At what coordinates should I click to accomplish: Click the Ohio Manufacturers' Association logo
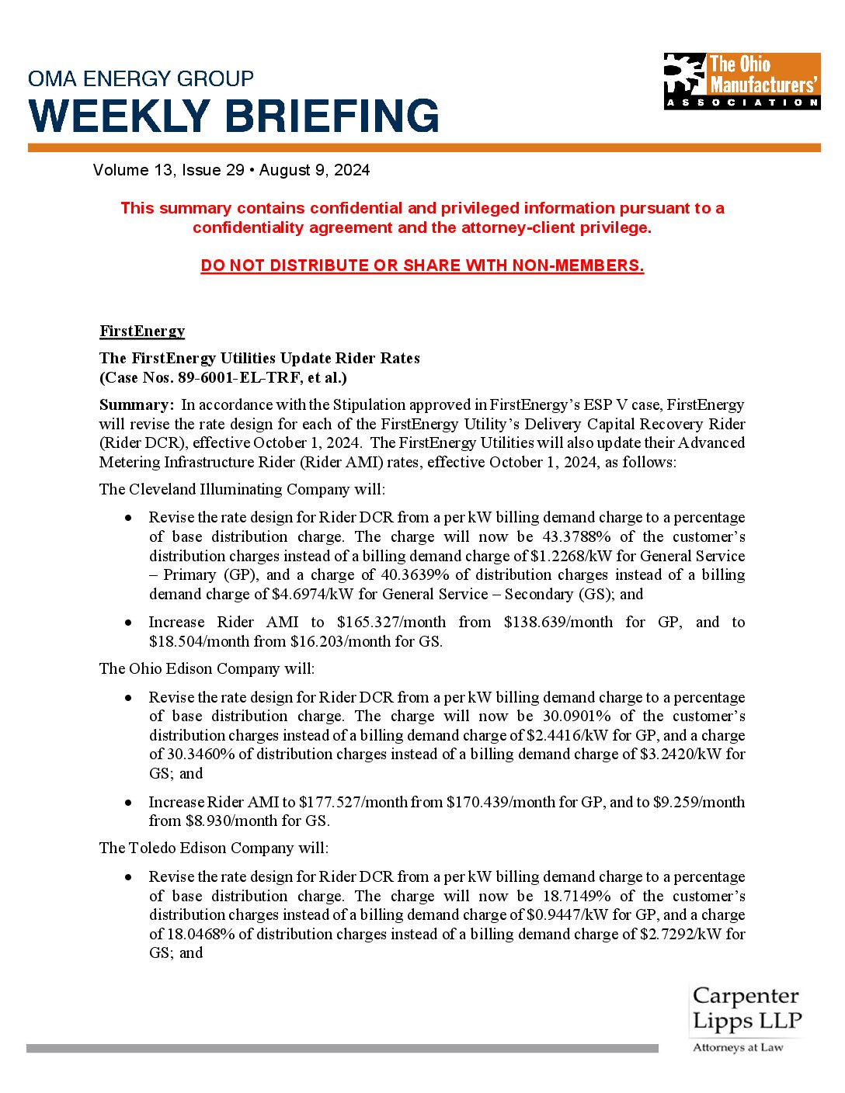(x=742, y=81)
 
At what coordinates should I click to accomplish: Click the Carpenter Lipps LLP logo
(x=746, y=1018)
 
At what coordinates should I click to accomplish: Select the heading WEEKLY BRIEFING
(x=234, y=116)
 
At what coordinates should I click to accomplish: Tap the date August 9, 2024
(x=315, y=170)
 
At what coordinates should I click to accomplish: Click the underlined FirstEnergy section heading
(x=142, y=331)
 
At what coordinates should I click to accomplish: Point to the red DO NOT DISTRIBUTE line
(x=422, y=265)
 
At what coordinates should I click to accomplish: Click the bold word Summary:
(x=137, y=404)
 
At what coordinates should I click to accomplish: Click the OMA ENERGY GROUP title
(x=141, y=78)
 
